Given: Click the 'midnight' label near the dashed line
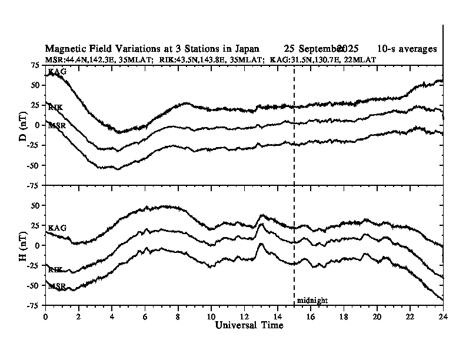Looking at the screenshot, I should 312,301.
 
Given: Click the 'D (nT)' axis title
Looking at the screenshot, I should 24,125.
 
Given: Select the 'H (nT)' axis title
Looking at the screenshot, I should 24,245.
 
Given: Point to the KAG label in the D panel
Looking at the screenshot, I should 57,72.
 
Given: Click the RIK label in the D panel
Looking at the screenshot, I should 56,108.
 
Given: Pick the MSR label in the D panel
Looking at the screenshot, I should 57,125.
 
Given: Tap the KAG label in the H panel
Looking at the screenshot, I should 57,228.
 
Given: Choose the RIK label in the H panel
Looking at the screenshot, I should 56,269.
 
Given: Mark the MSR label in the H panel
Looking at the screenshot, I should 57,286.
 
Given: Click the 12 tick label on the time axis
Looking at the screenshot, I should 244,316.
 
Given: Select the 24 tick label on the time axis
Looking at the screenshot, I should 443,316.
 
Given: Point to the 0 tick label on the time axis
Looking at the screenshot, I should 46,316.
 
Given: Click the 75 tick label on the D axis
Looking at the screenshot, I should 35,65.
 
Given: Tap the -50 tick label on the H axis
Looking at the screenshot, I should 34,285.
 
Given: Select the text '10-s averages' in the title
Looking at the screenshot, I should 407,48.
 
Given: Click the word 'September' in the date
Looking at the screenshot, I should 322,48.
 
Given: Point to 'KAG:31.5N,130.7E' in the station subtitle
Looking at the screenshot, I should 301,59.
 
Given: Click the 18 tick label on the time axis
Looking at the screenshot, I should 344,316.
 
